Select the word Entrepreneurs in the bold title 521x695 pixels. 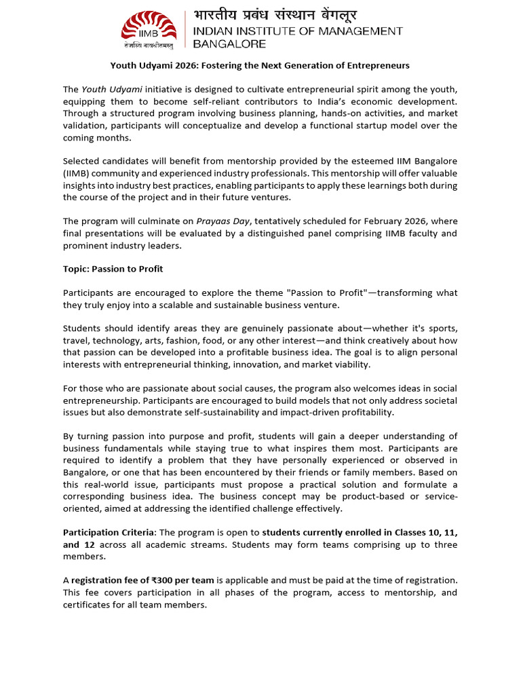378,66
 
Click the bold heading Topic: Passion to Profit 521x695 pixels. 113,269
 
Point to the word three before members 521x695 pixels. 444,544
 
